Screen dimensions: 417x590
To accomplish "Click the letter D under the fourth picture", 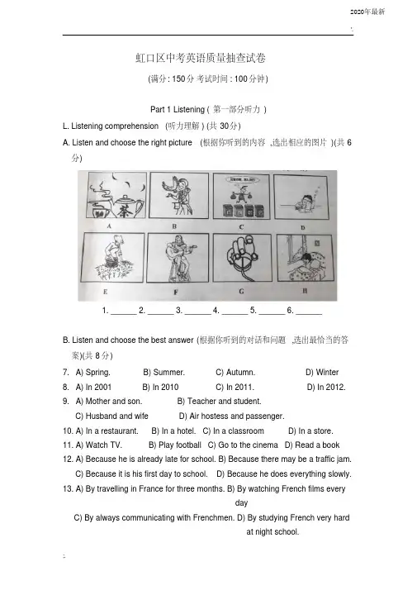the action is [x=303, y=227].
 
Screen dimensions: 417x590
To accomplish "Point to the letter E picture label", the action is [x=106, y=292].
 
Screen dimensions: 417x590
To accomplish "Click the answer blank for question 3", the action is [x=198, y=312].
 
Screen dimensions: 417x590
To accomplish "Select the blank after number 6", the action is [x=309, y=312].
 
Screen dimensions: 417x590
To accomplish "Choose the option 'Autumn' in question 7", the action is [x=235, y=372].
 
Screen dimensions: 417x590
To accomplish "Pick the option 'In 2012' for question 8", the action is [x=326, y=387].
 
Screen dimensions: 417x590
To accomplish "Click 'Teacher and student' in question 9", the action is [x=219, y=401].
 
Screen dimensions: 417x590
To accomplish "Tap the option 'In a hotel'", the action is [x=173, y=431].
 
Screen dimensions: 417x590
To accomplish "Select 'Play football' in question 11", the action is [x=175, y=445].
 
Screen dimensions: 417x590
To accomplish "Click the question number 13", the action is [x=68, y=489].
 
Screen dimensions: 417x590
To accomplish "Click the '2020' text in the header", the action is [x=357, y=12].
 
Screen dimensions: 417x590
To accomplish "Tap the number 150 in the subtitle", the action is [x=178, y=79].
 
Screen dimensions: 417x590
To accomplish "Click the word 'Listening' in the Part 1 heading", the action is [x=189, y=110].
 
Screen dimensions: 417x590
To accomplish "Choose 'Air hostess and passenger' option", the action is [x=232, y=416].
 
